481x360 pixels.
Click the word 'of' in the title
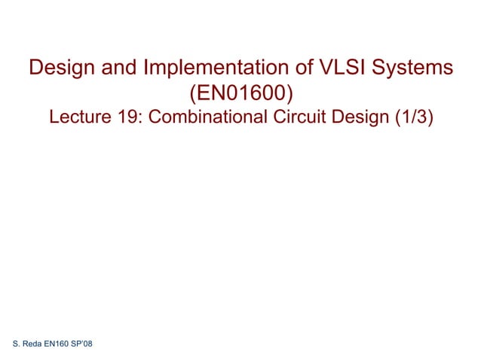pyautogui.click(x=296, y=69)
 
